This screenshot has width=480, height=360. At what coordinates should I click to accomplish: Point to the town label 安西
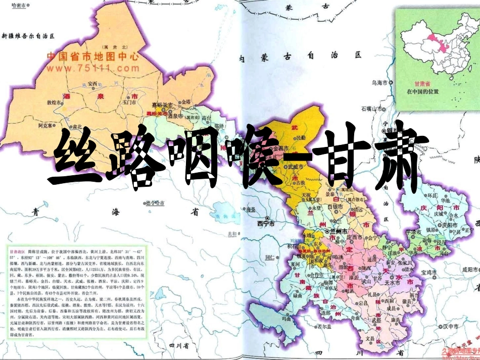click(92, 83)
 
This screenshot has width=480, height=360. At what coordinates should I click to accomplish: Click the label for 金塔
click(187, 101)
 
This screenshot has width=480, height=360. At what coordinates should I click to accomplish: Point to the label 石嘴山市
click(373, 108)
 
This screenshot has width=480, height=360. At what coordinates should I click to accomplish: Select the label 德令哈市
click(156, 204)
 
